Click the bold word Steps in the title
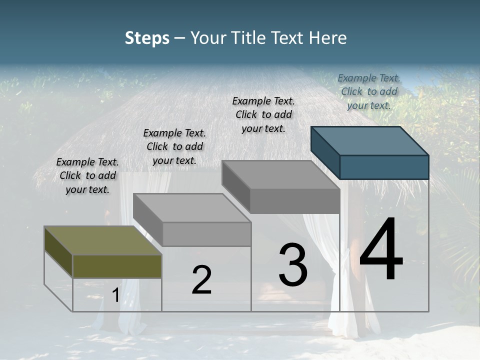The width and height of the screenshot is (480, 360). point(147,38)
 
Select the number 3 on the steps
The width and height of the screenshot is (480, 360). point(293,265)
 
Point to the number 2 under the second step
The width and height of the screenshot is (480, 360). point(201,280)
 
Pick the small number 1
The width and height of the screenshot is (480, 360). point(115,295)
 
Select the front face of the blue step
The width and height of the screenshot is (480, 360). point(384,167)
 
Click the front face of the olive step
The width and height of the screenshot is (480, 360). point(117,266)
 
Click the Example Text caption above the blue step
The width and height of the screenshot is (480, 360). point(369,91)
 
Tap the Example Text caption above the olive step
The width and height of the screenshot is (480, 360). point(87,175)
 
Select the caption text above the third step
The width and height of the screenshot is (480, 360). point(263,114)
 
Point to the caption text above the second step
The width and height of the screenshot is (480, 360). point(174,146)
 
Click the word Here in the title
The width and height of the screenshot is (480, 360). point(328,38)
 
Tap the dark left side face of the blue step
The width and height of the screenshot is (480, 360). point(325,152)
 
